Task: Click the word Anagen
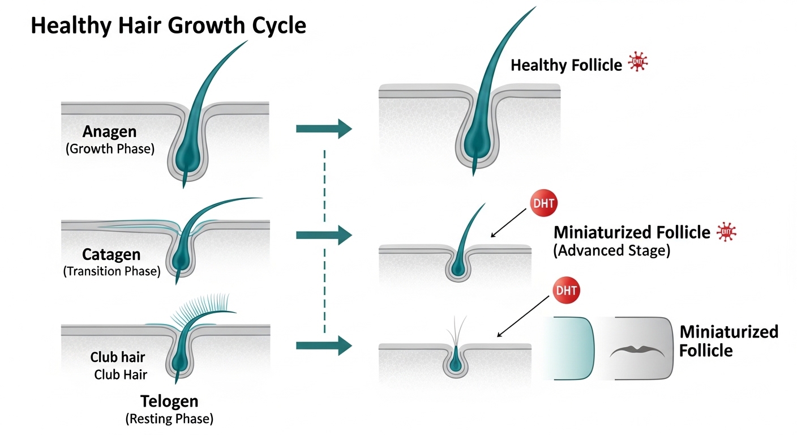pyautogui.click(x=109, y=132)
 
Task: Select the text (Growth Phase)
pyautogui.click(x=110, y=149)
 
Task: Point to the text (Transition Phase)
pyautogui.click(x=112, y=271)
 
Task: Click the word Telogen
pyautogui.click(x=169, y=402)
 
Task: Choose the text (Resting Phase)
pyautogui.click(x=169, y=419)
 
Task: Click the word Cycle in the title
pyautogui.click(x=274, y=26)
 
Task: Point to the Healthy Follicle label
pyautogui.click(x=566, y=65)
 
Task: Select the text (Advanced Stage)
pyautogui.click(x=611, y=250)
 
